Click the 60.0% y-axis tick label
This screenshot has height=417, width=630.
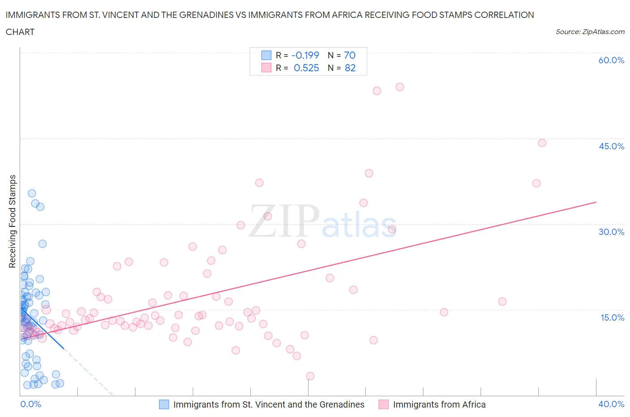(x=611, y=60)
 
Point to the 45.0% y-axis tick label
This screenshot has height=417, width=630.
(x=611, y=146)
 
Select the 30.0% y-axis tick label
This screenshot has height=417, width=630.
(x=611, y=232)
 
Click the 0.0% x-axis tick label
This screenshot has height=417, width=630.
(x=30, y=404)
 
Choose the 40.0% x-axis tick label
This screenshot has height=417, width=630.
(x=611, y=404)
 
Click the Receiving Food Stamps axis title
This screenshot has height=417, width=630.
(x=13, y=221)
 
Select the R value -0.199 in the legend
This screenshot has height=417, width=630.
(x=305, y=55)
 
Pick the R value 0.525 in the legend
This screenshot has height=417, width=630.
(x=306, y=68)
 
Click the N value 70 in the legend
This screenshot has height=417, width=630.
(x=350, y=55)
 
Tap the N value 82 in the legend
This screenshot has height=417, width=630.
(x=350, y=68)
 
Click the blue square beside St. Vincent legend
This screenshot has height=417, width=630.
(x=164, y=404)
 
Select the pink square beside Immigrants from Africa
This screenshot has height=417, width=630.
(x=384, y=404)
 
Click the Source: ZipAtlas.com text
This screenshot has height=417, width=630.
(x=590, y=32)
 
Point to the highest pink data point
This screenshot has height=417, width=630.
(x=400, y=87)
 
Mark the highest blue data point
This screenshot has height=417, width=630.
(x=32, y=193)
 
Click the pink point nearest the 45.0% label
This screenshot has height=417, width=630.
(x=542, y=143)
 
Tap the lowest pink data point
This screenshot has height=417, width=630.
(x=310, y=376)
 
